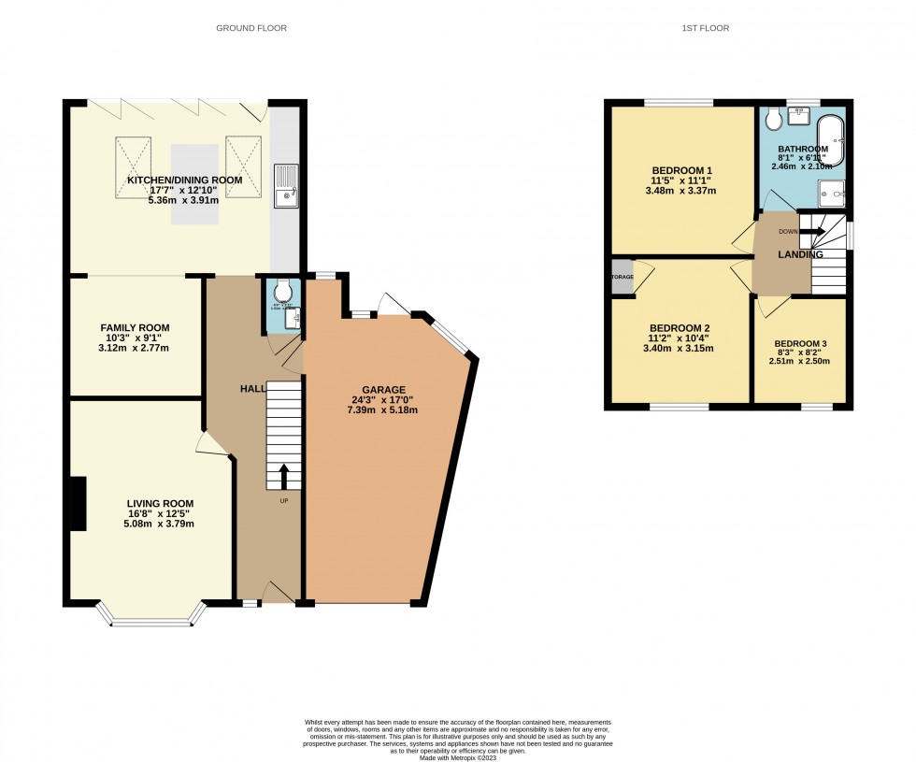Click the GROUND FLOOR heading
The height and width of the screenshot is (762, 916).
pyautogui.click(x=251, y=28)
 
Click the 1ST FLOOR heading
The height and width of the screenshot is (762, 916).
pyautogui.click(x=706, y=28)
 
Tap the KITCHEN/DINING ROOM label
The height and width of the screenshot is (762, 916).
pyautogui.click(x=185, y=180)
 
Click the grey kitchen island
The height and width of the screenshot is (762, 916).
pyautogui.click(x=194, y=183)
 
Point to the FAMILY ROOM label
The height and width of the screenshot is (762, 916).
pyautogui.click(x=136, y=327)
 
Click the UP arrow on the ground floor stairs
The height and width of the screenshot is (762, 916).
pyautogui.click(x=284, y=474)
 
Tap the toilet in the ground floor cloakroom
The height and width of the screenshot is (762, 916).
pyautogui.click(x=283, y=295)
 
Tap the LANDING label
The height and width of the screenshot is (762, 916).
pyautogui.click(x=801, y=254)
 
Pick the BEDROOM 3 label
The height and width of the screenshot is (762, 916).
pyautogui.click(x=801, y=343)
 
